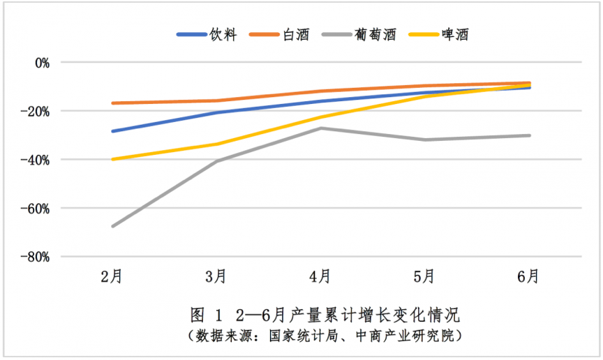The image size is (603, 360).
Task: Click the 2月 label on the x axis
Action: point(112,277)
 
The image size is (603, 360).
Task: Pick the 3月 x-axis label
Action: point(216,277)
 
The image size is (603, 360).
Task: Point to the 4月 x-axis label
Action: point(321,277)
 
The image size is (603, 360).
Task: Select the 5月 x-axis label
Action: point(425,277)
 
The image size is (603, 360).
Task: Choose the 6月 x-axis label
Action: point(530,277)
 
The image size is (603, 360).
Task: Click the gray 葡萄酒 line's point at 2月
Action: point(112,226)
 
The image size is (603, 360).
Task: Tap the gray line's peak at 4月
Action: point(321,128)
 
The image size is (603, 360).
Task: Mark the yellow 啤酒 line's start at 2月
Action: point(112,159)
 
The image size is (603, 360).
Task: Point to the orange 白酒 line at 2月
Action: point(112,103)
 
